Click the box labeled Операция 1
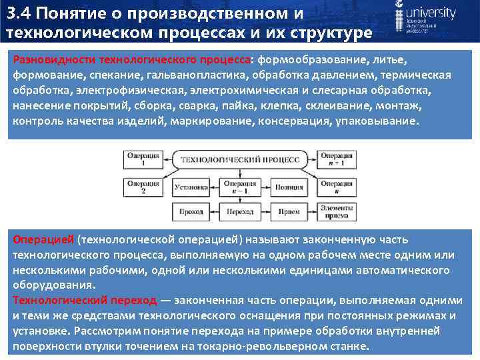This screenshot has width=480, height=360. [x=142, y=159]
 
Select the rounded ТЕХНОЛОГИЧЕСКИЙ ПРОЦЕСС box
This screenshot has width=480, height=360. [x=240, y=159]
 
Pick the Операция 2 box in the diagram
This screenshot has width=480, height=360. [x=142, y=187]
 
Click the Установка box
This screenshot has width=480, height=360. [x=191, y=187]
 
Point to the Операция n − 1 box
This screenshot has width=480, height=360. [x=240, y=187]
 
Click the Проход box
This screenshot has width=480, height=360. [x=191, y=211]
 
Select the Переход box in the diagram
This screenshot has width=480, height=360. [x=240, y=211]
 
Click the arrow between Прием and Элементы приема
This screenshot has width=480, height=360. [x=312, y=211]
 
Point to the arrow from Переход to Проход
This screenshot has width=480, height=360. [x=216, y=211]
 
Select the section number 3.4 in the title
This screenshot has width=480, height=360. [x=19, y=13]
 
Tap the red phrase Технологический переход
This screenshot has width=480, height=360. [x=85, y=300]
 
